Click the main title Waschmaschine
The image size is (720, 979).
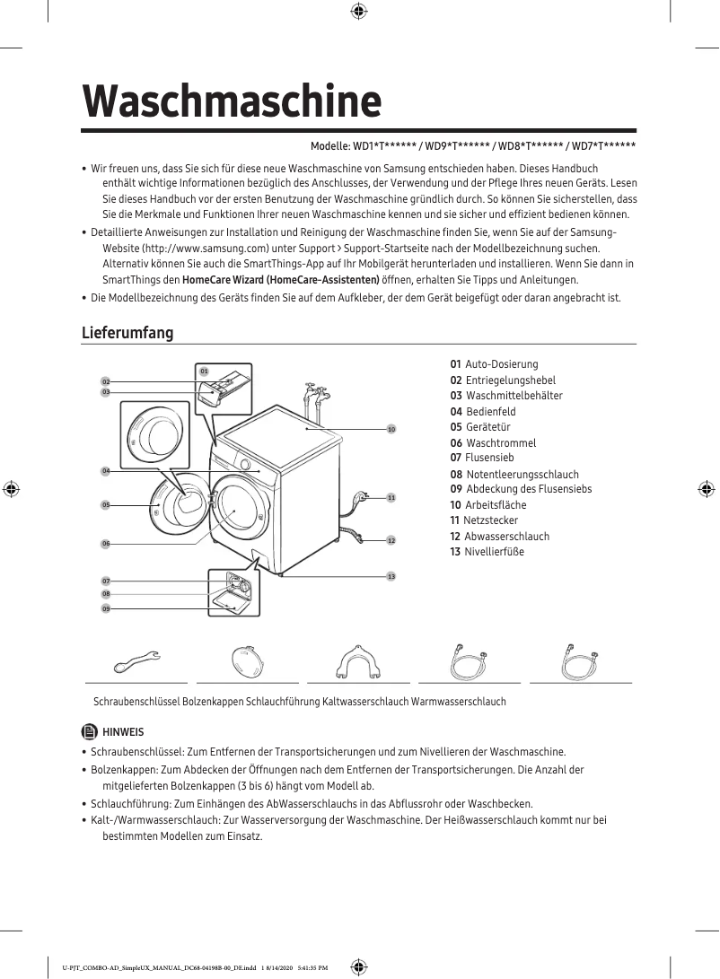click(x=232, y=101)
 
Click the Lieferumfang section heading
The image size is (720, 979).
click(x=127, y=333)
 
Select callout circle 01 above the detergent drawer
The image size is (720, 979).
click(x=204, y=371)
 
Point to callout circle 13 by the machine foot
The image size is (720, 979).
click(x=391, y=575)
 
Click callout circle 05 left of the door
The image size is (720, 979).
click(x=105, y=505)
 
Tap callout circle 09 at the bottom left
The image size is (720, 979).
click(x=105, y=608)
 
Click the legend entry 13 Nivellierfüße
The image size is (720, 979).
click(x=487, y=551)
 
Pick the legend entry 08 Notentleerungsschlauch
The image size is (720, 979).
click(x=514, y=474)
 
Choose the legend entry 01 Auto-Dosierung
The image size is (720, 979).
click(x=494, y=364)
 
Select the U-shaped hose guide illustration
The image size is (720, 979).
click(x=358, y=662)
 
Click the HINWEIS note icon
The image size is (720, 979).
click(x=90, y=731)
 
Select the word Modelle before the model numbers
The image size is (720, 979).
click(x=329, y=146)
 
